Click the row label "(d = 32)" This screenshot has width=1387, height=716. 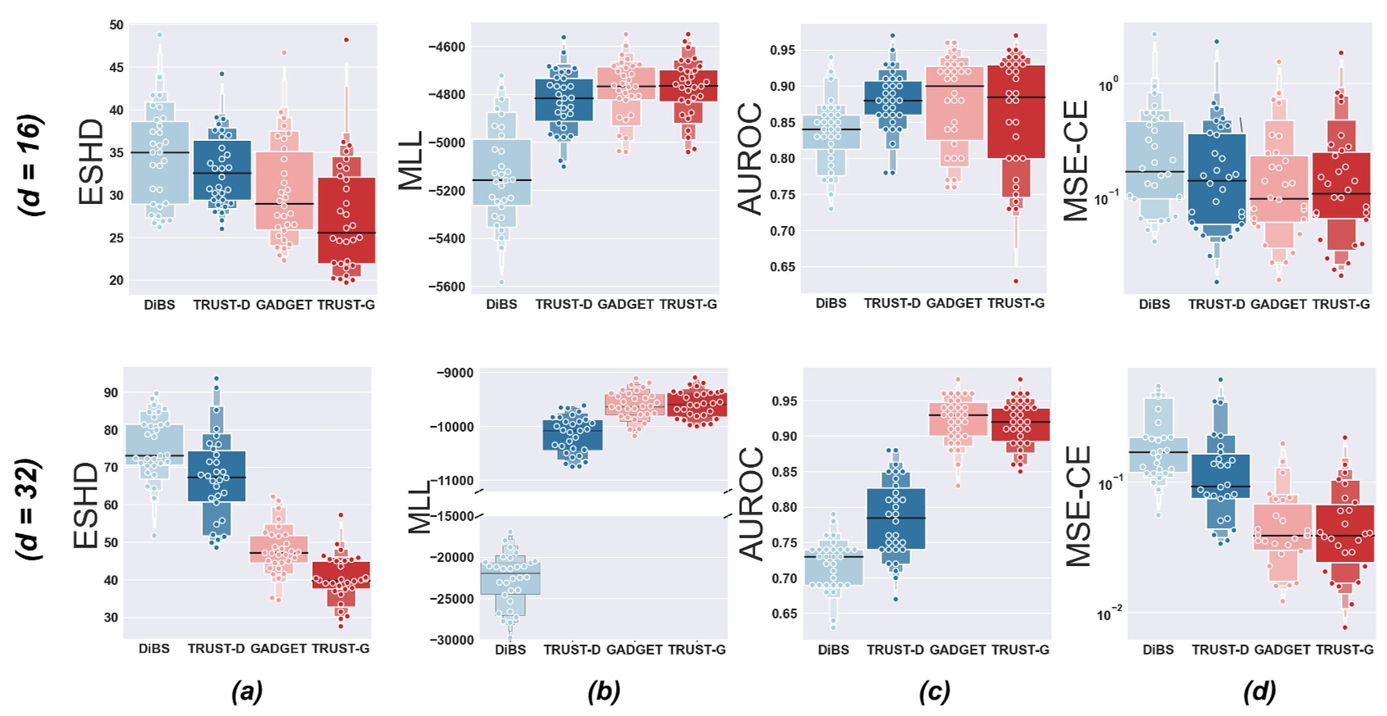click(x=32, y=510)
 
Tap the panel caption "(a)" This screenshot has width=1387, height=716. click(x=247, y=692)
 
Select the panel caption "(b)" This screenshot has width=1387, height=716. click(x=604, y=692)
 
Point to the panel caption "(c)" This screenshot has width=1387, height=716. click(x=934, y=692)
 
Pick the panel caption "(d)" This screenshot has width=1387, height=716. click(x=1259, y=692)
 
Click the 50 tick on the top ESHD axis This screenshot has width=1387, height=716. click(x=116, y=25)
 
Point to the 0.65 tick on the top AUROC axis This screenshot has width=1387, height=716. click(x=782, y=267)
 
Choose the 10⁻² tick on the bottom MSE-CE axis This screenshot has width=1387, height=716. click(x=1110, y=614)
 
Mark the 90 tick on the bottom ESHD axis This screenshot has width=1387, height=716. click(x=111, y=392)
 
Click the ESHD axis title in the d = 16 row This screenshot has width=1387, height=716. click(x=91, y=161)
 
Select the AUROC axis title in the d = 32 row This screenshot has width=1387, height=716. click(x=751, y=503)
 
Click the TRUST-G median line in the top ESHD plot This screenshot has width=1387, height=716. click(x=346, y=233)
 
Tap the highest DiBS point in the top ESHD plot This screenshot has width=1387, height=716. click(x=160, y=35)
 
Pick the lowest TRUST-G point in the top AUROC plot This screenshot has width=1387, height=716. click(x=1016, y=281)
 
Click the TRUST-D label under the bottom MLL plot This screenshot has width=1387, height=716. click(x=571, y=650)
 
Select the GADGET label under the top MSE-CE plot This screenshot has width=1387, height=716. click(x=1278, y=304)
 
